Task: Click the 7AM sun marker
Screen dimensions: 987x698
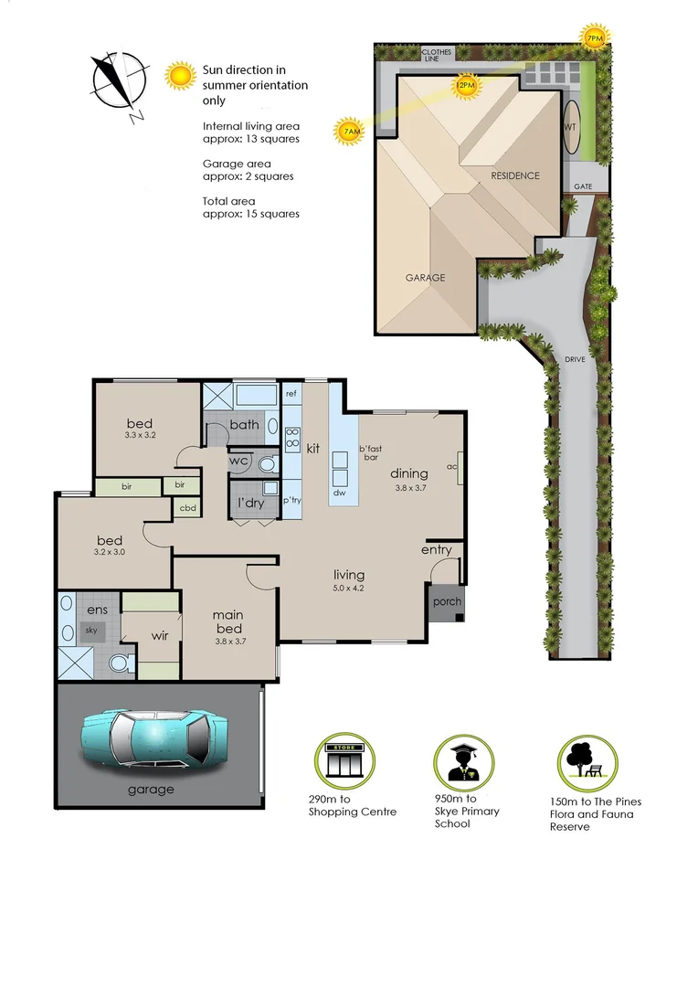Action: [x=349, y=133]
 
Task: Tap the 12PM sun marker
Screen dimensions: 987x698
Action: [x=465, y=86]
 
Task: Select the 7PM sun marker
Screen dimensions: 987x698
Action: [x=594, y=38]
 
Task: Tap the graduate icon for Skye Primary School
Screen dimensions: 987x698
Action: [x=463, y=762]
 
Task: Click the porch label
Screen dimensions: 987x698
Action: [x=447, y=601]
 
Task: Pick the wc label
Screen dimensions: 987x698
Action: [x=238, y=461]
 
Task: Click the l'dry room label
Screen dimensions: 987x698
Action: [x=251, y=504]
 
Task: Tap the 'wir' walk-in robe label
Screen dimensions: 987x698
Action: [x=160, y=636]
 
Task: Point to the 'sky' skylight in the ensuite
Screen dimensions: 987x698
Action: [x=90, y=631]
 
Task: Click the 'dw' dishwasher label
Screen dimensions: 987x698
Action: [x=340, y=493]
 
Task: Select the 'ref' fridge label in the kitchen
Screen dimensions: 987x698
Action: [x=291, y=394]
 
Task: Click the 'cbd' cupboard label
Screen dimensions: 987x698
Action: [x=187, y=507]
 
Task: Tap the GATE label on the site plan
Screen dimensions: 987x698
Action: [x=583, y=186]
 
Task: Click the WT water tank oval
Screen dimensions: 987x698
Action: [x=571, y=127]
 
